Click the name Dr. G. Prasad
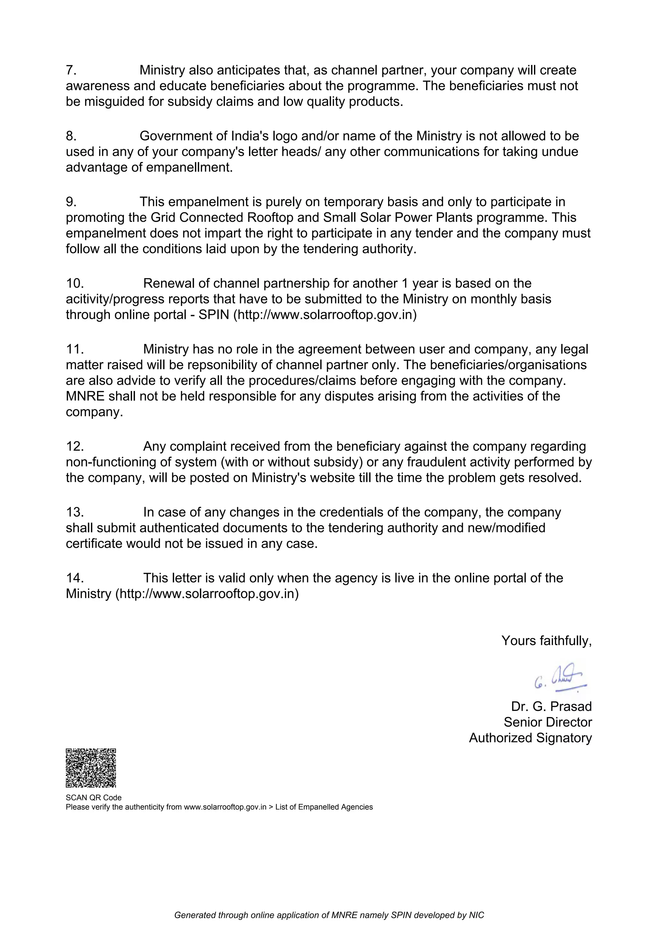551,706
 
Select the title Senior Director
547,722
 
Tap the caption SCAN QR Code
93,798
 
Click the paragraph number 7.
71,70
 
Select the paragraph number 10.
75,283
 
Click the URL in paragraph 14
207,594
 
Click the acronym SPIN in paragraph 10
214,315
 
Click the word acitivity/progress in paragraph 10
115,299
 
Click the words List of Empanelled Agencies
324,807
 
